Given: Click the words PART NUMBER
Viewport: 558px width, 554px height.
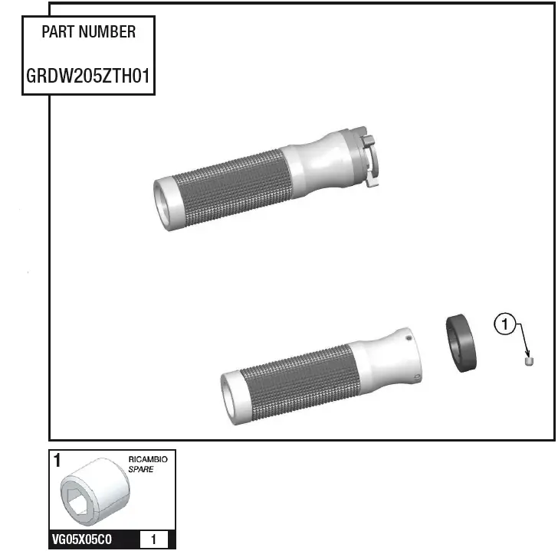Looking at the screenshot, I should (88, 32).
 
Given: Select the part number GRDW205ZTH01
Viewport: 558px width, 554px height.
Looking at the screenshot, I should (88, 77).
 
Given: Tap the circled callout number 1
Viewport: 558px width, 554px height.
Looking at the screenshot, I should (504, 325).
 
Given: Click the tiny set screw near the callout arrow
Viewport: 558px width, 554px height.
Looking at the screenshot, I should (528, 360).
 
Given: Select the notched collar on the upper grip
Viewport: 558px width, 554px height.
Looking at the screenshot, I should (368, 158).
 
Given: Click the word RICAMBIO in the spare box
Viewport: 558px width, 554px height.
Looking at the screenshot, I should (153, 460).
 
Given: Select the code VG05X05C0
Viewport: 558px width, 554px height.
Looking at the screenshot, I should (82, 540).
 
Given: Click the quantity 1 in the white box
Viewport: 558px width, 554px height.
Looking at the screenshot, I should (154, 540).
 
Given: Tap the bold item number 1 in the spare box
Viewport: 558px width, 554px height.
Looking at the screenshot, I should (57, 461).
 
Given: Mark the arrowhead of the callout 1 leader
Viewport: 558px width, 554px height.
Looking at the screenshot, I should (527, 354).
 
